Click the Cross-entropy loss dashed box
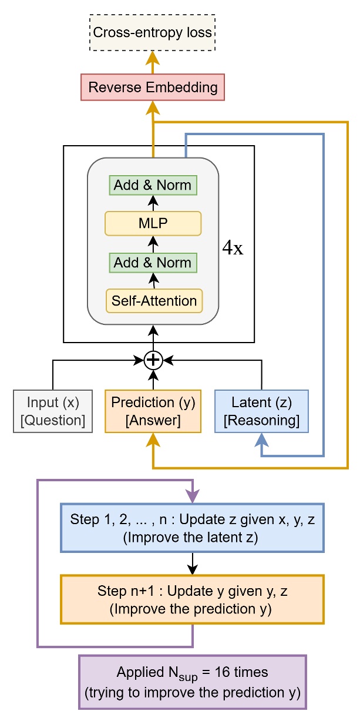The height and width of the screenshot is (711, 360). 153,33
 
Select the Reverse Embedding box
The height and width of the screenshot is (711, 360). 153,88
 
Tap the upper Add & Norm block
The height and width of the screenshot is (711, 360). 153,185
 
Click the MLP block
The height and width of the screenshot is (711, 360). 153,223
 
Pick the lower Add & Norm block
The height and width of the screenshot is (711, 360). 153,262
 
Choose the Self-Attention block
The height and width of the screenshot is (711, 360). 154,301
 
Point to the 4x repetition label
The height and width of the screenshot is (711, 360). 232,248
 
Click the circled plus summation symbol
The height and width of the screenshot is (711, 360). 153,360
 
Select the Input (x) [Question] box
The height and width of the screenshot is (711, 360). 53,411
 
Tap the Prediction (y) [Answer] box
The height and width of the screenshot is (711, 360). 153,411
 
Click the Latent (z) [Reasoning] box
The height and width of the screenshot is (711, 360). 261,411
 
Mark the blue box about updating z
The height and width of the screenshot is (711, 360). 192,528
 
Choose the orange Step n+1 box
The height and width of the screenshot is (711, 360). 192,599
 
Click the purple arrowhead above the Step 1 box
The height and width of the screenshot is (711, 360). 192,497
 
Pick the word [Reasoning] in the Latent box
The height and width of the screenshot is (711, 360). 261,421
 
